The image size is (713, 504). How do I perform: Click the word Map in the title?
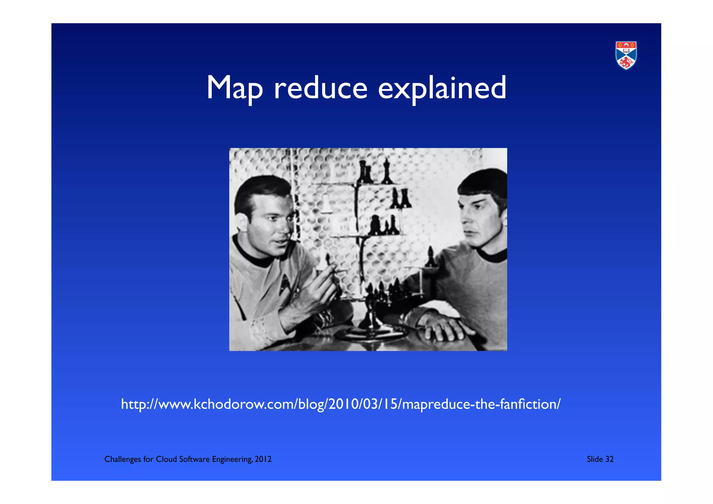(x=234, y=88)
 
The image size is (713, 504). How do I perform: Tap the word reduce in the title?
(x=320, y=88)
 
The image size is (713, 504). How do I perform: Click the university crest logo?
(x=626, y=55)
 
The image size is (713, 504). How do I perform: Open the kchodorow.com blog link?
(x=340, y=404)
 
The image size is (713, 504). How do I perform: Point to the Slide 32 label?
(x=600, y=459)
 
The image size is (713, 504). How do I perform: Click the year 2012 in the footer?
(x=263, y=459)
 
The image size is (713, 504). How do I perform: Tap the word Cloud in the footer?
(x=166, y=459)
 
